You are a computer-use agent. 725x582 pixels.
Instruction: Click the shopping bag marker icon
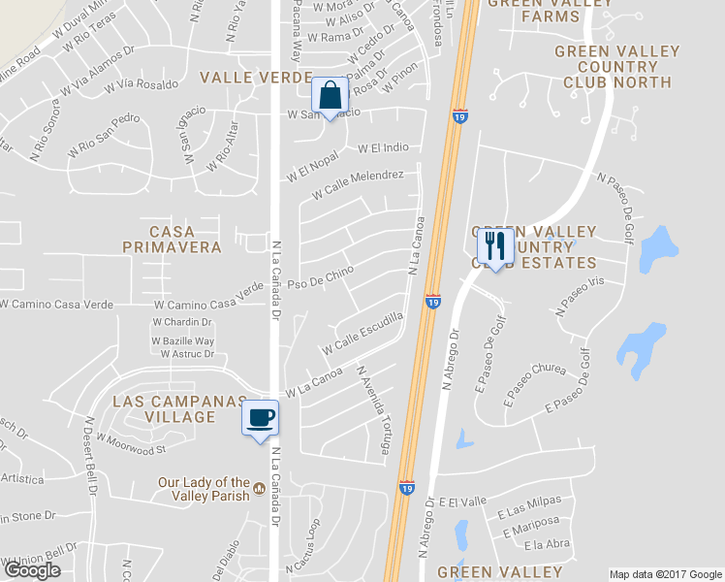[330, 96]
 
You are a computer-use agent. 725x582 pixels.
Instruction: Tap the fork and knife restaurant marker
[495, 247]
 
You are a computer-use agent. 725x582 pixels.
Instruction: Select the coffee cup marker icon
[260, 418]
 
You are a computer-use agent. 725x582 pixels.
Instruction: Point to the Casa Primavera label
[172, 240]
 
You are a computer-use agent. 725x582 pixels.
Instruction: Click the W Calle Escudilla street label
[363, 333]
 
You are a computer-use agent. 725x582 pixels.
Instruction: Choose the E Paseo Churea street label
[534, 381]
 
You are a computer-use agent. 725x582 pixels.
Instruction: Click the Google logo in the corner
[32, 570]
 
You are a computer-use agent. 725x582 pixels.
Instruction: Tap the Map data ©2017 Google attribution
[665, 574]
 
